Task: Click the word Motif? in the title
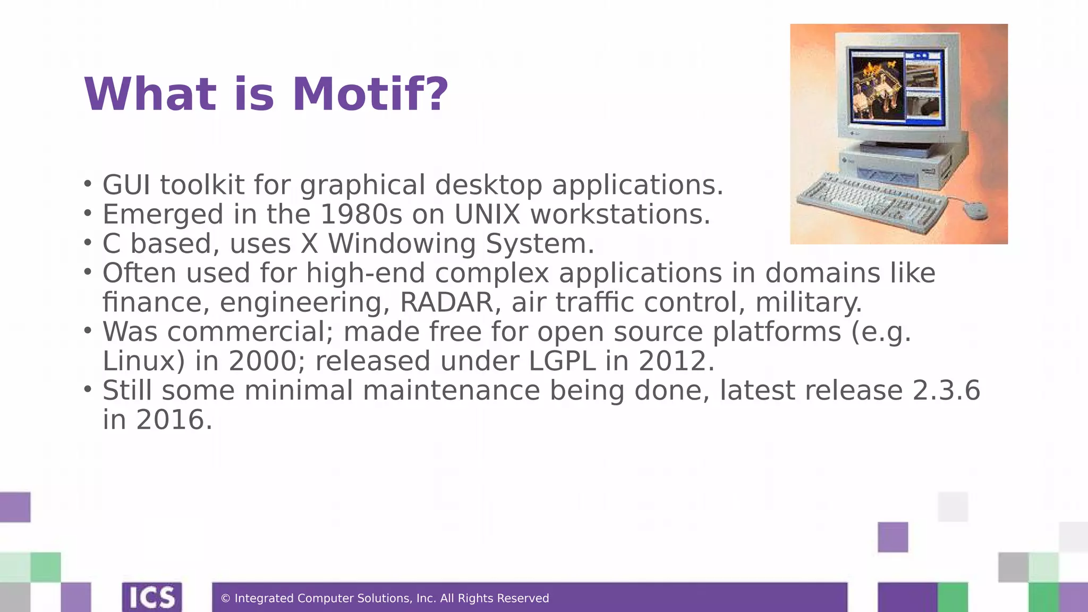(x=370, y=95)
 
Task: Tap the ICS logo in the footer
(x=152, y=597)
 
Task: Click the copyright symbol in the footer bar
(x=225, y=599)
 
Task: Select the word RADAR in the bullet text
(x=446, y=302)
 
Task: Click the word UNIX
(x=487, y=215)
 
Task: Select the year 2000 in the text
(x=262, y=361)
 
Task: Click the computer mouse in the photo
(x=975, y=211)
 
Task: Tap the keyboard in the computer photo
(x=871, y=205)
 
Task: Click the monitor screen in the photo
(x=897, y=88)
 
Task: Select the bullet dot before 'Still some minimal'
(x=88, y=389)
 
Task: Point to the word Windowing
(x=402, y=244)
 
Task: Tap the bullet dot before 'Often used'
(x=88, y=272)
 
